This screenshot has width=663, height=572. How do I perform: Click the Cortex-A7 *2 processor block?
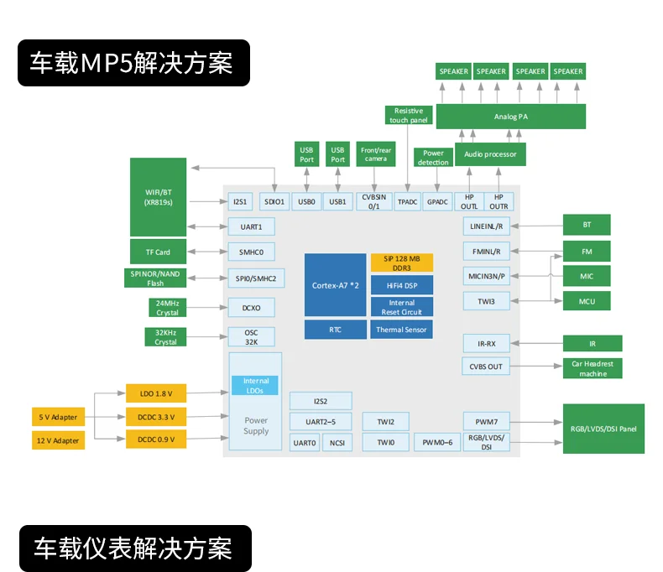tap(336, 285)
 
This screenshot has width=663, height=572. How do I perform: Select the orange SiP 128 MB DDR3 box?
tap(402, 263)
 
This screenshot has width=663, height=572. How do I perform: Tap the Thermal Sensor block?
tap(402, 330)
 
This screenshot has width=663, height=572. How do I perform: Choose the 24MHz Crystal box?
tap(166, 308)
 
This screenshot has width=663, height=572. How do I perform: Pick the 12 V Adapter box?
tap(58, 439)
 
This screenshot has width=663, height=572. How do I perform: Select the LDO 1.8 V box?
tap(155, 393)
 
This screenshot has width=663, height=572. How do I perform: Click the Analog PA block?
tap(510, 117)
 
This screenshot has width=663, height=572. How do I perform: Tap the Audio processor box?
tap(490, 154)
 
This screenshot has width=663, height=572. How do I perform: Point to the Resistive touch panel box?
tap(409, 115)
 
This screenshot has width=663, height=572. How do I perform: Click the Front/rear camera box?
tap(376, 154)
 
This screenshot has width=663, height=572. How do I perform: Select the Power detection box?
tap(433, 158)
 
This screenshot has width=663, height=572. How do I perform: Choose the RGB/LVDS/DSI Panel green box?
tap(603, 429)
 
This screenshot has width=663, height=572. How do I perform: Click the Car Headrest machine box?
tap(593, 369)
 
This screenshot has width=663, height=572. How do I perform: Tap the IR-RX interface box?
tap(487, 343)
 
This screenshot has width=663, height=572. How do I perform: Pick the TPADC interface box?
tap(408, 201)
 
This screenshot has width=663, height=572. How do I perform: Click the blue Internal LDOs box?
tap(256, 386)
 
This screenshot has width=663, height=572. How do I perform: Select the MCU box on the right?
tap(587, 300)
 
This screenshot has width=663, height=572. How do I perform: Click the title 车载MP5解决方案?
tap(134, 63)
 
